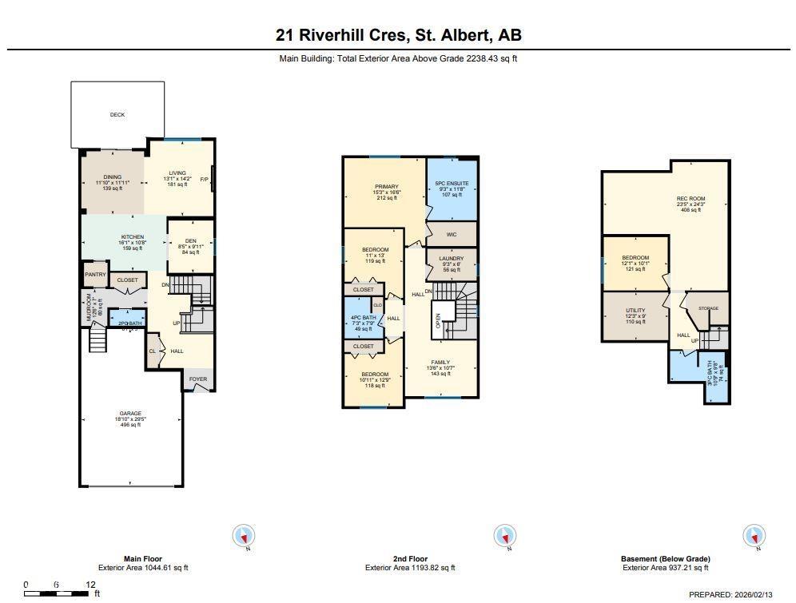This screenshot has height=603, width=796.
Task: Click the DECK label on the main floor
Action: click(x=117, y=115)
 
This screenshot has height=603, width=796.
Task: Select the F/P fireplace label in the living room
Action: click(x=204, y=179)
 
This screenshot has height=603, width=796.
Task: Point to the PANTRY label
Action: click(x=95, y=275)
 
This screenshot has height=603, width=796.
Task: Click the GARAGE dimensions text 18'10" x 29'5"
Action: click(x=130, y=419)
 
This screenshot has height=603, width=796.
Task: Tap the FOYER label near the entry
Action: click(x=197, y=380)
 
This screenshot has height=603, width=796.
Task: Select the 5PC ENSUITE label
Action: click(x=452, y=183)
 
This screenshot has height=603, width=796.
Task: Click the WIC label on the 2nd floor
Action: click(x=452, y=233)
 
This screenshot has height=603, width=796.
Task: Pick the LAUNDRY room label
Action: click(x=452, y=258)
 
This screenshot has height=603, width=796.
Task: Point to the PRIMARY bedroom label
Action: click(x=386, y=187)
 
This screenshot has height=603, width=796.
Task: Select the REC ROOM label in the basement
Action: click(x=691, y=199)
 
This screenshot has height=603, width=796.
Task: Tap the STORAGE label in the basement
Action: click(x=708, y=308)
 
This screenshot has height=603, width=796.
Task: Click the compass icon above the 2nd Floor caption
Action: click(x=504, y=536)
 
